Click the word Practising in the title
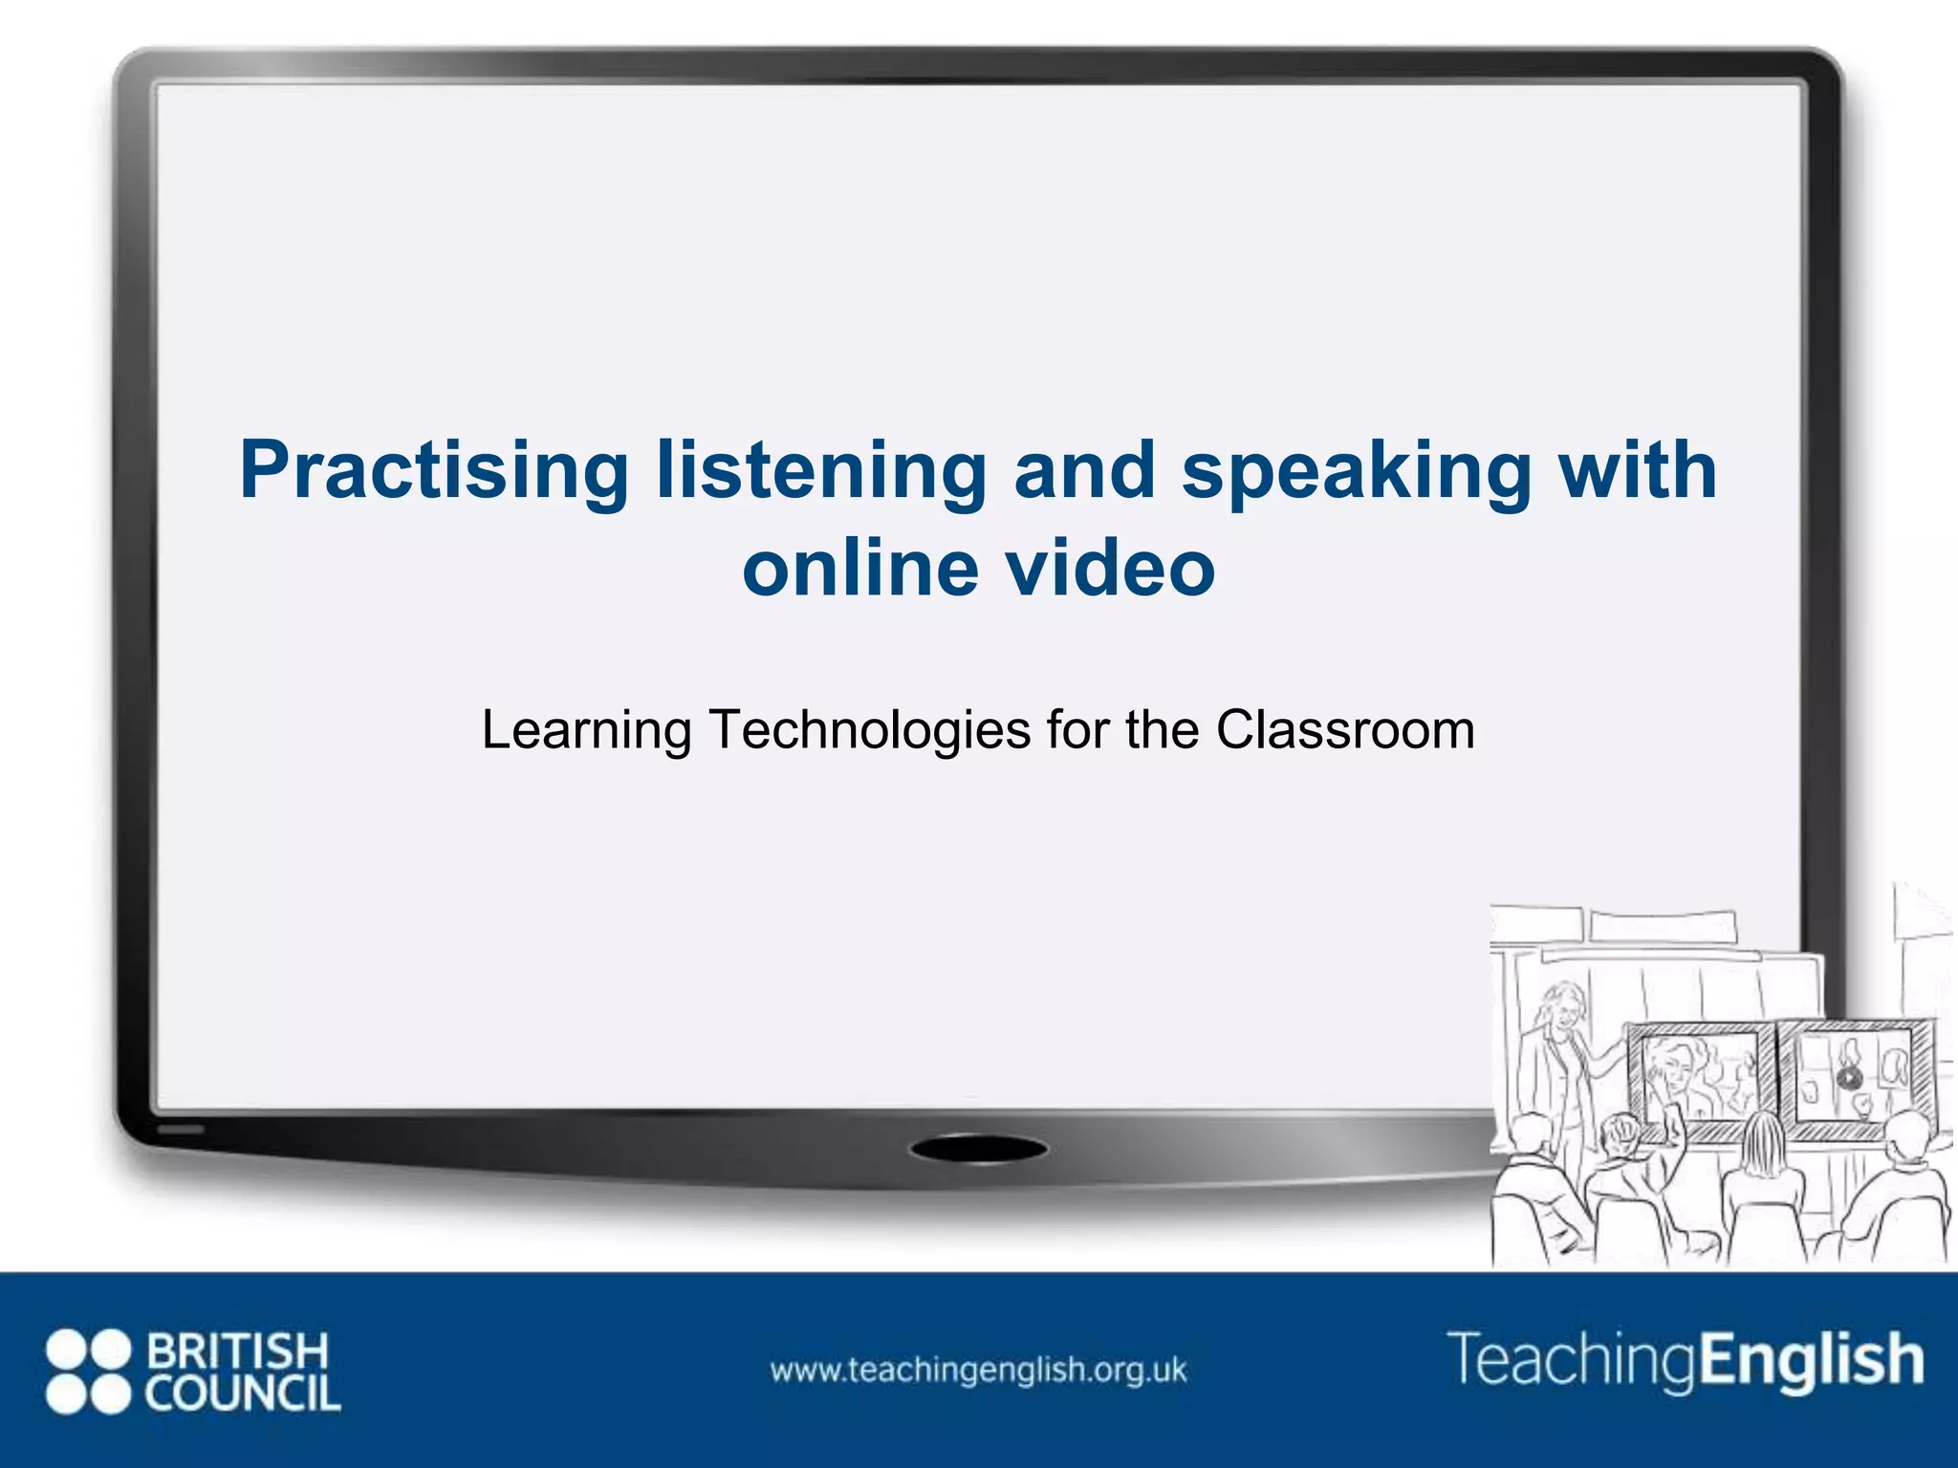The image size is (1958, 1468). pos(433,470)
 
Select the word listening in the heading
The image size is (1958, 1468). pos(821,470)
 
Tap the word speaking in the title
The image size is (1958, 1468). pos(1356,470)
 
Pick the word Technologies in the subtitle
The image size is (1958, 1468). pos(869,730)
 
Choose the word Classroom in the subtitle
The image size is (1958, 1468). pos(1345,730)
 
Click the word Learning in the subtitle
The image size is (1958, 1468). pos(586,730)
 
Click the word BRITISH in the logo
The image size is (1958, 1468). pos(237,1351)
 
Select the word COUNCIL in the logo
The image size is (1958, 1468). pos(243,1393)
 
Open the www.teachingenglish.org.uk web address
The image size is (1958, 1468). pos(978,1371)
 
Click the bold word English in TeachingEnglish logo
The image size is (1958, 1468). pos(1810,1359)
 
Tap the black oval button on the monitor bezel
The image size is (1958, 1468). pos(977,1150)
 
